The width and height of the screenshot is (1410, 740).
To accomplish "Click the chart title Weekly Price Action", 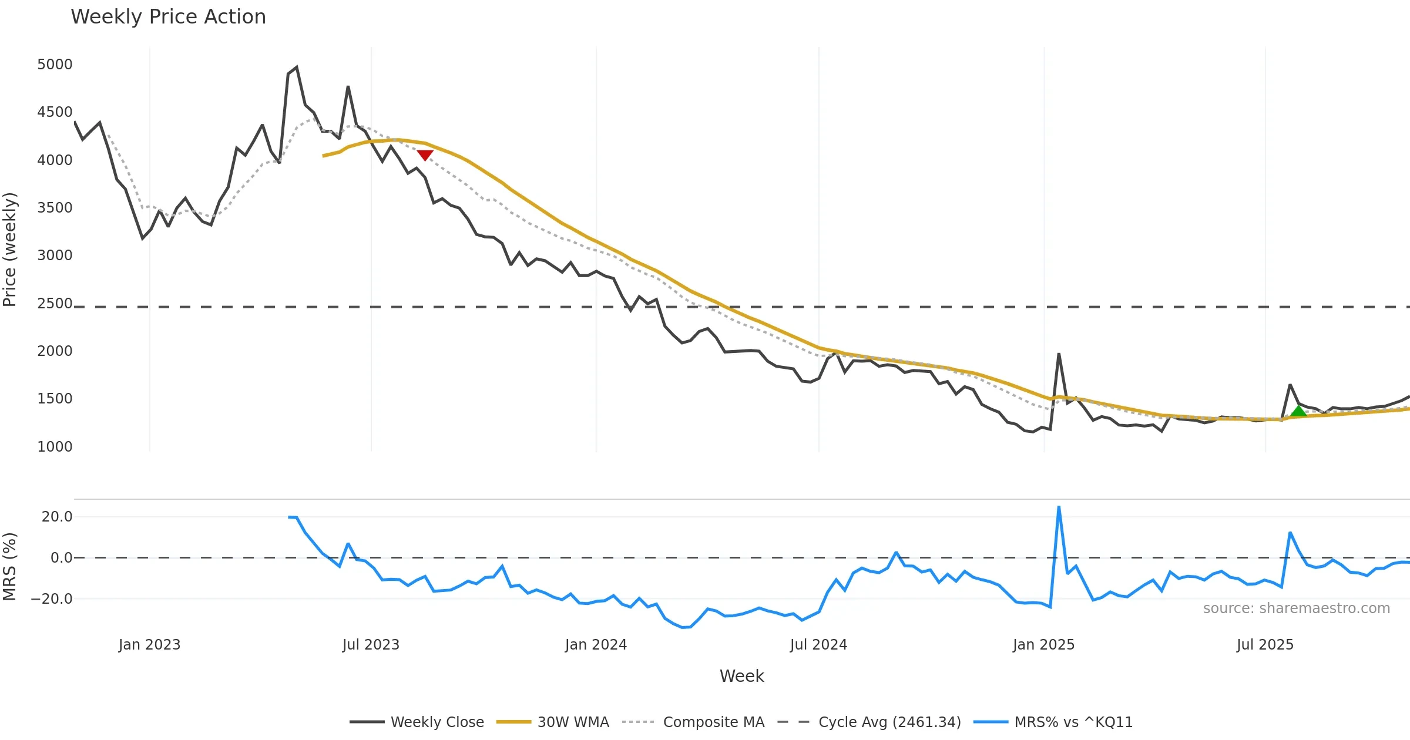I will point(168,17).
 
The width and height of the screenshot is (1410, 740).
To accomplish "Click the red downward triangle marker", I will point(425,155).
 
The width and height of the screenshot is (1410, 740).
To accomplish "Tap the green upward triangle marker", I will point(1298,411).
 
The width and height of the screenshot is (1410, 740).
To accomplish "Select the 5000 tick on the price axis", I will point(55,64).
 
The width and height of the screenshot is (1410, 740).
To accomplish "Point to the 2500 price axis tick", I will point(55,303).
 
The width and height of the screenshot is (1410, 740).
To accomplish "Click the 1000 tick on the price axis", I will point(55,446).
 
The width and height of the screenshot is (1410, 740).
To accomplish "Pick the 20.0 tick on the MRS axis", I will point(57,517).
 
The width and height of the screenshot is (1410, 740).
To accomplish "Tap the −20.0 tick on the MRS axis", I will point(52,599).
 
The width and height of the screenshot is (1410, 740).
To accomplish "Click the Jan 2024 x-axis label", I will point(596,645).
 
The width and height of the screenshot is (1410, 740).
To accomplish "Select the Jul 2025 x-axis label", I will point(1265,645).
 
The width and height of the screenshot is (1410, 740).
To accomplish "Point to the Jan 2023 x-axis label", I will point(149,645).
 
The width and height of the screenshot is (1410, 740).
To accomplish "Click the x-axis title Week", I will point(741,676).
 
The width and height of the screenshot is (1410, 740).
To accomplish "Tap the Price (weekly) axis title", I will point(10,250).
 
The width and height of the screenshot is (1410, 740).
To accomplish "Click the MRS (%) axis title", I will point(10,567).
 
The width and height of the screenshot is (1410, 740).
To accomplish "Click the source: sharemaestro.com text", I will point(1296,608).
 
